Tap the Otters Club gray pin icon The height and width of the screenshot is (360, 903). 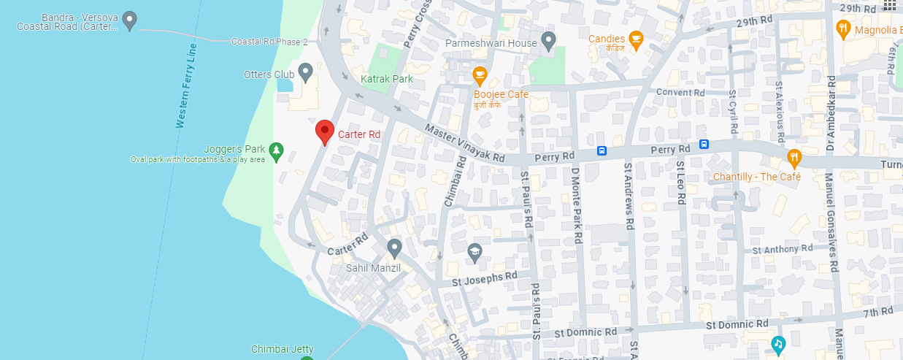click(x=306, y=72)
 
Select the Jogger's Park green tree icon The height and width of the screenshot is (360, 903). click(x=276, y=151)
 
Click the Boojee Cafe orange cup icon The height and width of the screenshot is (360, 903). click(x=480, y=74)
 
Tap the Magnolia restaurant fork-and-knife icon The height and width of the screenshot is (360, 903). click(x=843, y=29)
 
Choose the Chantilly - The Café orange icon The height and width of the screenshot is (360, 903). click(x=794, y=158)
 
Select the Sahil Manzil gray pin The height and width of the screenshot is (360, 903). click(x=394, y=248)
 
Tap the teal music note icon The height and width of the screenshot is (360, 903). click(x=778, y=343)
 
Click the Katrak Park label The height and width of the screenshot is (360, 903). click(x=387, y=79)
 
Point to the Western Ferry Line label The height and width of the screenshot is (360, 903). click(x=186, y=86)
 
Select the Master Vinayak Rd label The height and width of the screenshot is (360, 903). click(x=465, y=143)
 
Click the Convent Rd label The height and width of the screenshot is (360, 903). click(x=680, y=93)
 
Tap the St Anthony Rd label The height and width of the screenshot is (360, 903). click(x=782, y=248)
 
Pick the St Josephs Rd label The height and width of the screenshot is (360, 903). click(x=484, y=278)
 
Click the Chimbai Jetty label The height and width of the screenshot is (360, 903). click(x=283, y=349)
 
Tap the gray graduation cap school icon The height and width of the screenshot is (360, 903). click(x=475, y=253)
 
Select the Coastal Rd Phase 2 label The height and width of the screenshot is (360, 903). click(x=269, y=42)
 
